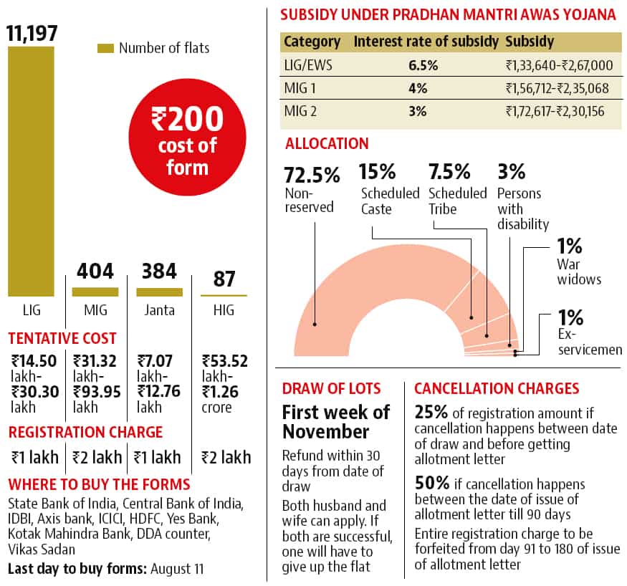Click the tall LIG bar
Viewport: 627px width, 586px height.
click(31, 171)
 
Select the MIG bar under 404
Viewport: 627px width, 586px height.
click(95, 292)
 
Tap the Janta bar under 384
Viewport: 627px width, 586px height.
click(160, 292)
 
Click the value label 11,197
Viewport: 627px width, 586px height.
click(32, 33)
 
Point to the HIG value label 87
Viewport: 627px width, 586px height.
click(224, 279)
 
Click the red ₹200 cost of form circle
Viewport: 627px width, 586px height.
click(187, 137)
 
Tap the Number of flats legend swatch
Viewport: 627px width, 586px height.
click(105, 48)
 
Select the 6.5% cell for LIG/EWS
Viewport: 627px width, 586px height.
click(423, 65)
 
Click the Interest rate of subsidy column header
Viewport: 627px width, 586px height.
click(426, 42)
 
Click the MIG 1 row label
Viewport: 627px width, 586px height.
click(300, 88)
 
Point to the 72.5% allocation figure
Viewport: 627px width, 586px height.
click(312, 175)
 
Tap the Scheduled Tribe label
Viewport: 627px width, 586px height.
click(457, 201)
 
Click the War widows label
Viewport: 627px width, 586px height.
click(579, 272)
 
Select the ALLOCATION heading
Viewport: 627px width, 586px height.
click(327, 144)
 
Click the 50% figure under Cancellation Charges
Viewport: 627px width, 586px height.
click(432, 483)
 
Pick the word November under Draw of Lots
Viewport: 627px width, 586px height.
click(325, 432)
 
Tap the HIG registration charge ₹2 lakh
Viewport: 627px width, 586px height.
click(226, 457)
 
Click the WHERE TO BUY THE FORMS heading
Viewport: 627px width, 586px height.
click(99, 484)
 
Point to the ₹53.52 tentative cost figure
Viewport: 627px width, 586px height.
click(225, 361)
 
